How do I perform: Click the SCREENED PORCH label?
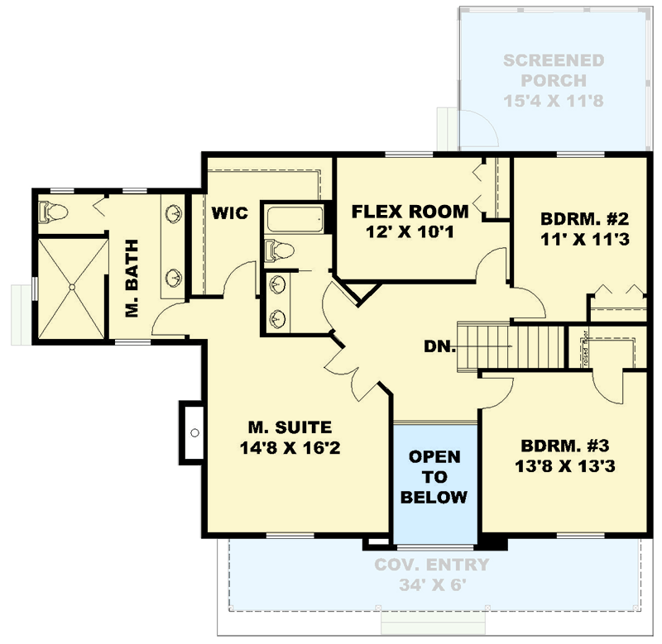[x=554, y=71]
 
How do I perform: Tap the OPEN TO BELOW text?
[x=435, y=477]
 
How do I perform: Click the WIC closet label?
[x=229, y=213]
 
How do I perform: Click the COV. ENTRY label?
[x=431, y=565]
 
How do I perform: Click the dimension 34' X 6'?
[x=431, y=585]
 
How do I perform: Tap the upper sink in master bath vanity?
[x=175, y=215]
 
